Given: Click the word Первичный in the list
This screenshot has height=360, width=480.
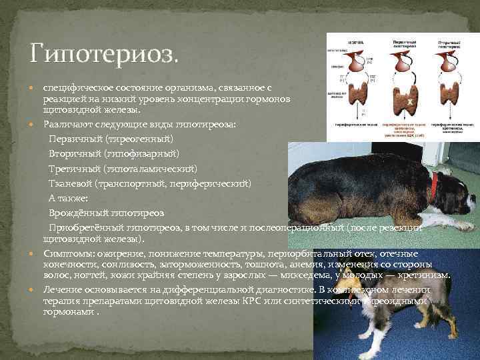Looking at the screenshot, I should (70, 139).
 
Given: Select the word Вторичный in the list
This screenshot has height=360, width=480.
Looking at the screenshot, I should (69, 153).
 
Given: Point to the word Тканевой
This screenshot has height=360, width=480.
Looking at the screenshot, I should (68, 182).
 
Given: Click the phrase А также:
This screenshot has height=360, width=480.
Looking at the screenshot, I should (64, 198).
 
